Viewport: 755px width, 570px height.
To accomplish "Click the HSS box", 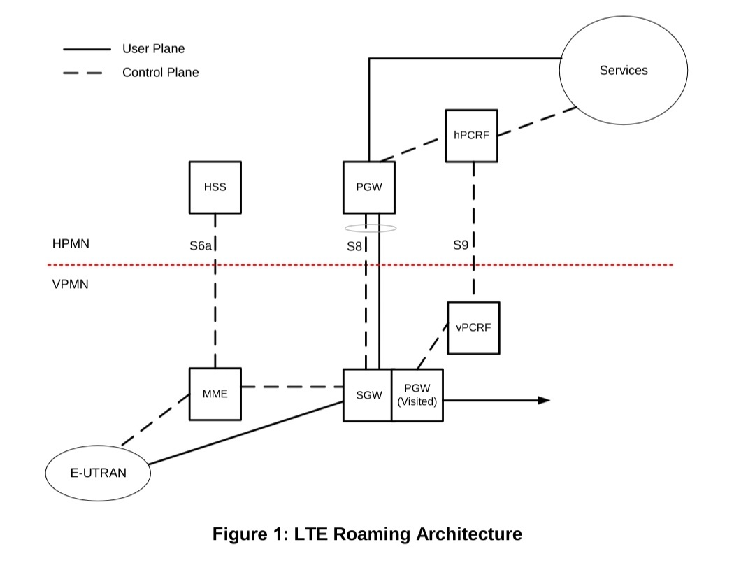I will coord(215,187).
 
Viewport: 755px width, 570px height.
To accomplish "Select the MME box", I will coord(215,394).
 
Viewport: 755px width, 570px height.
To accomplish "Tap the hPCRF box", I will coord(472,136).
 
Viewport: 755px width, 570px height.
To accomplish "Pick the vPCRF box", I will coord(473,327).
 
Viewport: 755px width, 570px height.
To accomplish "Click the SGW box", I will coord(368,395).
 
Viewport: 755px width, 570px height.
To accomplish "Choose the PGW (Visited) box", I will coord(417,395).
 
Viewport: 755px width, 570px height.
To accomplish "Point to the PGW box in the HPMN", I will coord(369,187).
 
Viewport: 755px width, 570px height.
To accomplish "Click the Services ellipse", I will coord(624,71).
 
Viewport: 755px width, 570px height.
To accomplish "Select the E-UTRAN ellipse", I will coord(99,473).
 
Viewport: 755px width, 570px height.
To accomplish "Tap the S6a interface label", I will coord(201,246).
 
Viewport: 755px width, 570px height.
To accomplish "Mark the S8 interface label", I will coord(354,246).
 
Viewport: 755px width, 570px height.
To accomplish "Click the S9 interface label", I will coord(460,245).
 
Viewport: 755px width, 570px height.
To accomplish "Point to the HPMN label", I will coord(71,244).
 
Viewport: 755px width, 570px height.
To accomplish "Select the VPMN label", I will coord(71,285).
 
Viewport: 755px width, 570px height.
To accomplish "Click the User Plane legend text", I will coord(153,49).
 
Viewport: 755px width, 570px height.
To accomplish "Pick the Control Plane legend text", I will coord(160,72).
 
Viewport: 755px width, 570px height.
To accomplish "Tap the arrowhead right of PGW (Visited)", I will coord(544,400).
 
